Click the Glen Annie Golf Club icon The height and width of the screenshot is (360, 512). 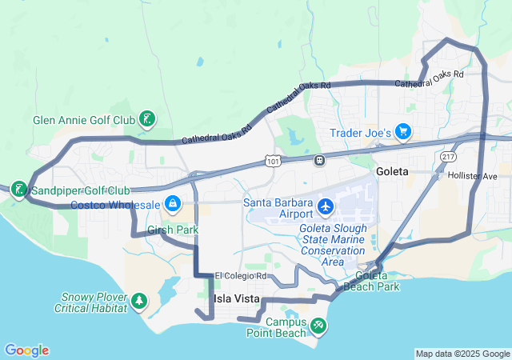tap(146, 121)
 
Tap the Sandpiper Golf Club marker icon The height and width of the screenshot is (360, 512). tap(17, 190)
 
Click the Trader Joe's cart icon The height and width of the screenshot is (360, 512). tap(403, 132)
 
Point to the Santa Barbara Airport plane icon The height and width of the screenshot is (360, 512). tap(326, 207)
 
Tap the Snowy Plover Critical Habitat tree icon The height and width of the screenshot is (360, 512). tap(141, 301)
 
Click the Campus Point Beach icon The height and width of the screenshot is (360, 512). tap(319, 326)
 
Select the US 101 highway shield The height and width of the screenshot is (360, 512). tap(274, 162)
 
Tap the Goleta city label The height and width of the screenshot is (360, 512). tap(392, 172)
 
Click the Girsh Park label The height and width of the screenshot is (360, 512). tap(172, 230)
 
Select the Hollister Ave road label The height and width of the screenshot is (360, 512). tap(473, 175)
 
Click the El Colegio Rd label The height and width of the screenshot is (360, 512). tap(239, 276)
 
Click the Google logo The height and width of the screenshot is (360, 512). tap(26, 350)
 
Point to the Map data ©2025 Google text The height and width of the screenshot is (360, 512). tap(462, 354)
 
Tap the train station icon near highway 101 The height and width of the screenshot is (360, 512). tap(320, 158)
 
